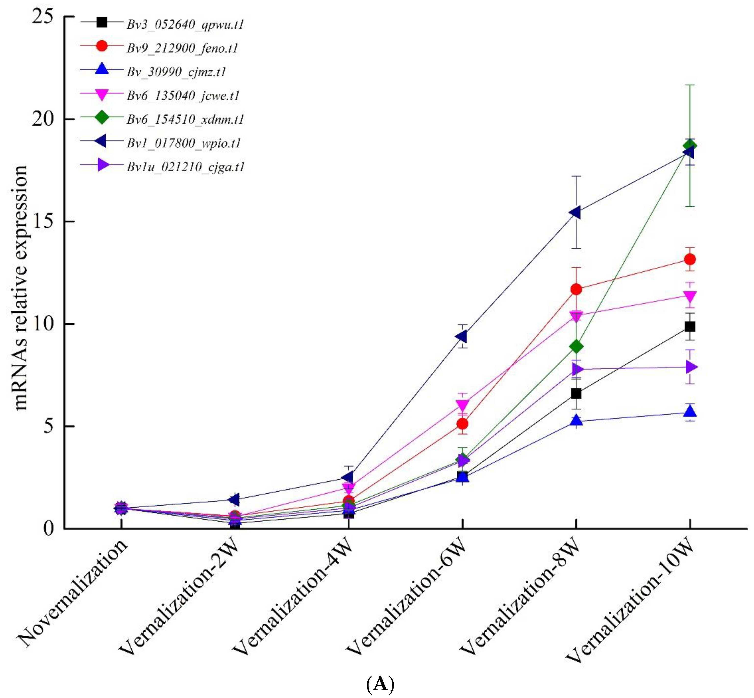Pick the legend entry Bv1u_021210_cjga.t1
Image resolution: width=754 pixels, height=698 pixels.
click(186, 167)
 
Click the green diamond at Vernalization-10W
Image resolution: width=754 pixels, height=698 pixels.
click(690, 146)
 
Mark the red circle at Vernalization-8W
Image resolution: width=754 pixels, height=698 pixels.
click(576, 290)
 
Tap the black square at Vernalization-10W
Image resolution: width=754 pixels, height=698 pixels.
click(690, 327)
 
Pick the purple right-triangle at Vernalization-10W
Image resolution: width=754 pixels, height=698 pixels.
click(691, 367)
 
